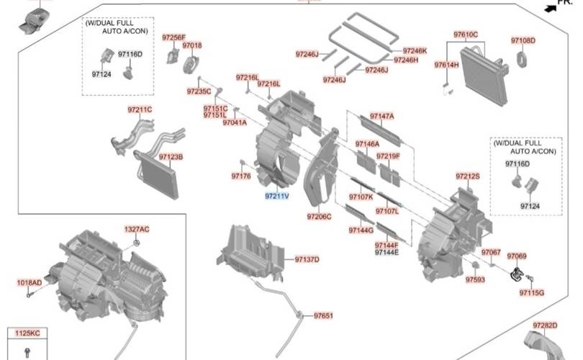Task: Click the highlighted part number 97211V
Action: (x=276, y=195)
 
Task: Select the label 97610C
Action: (x=465, y=35)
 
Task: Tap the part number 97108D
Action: (x=523, y=40)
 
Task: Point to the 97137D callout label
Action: (x=306, y=259)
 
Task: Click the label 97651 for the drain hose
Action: (x=323, y=315)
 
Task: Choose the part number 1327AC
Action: (x=136, y=229)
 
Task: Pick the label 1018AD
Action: (x=30, y=283)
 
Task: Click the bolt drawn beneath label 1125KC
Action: (x=27, y=351)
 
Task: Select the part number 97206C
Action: (x=319, y=216)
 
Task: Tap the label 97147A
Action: (x=381, y=116)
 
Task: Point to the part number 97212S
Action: (x=467, y=176)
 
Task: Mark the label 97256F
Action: (x=173, y=37)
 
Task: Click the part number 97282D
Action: (x=545, y=325)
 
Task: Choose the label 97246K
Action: (x=415, y=50)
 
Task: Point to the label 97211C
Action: (x=140, y=109)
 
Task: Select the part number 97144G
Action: (x=361, y=230)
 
